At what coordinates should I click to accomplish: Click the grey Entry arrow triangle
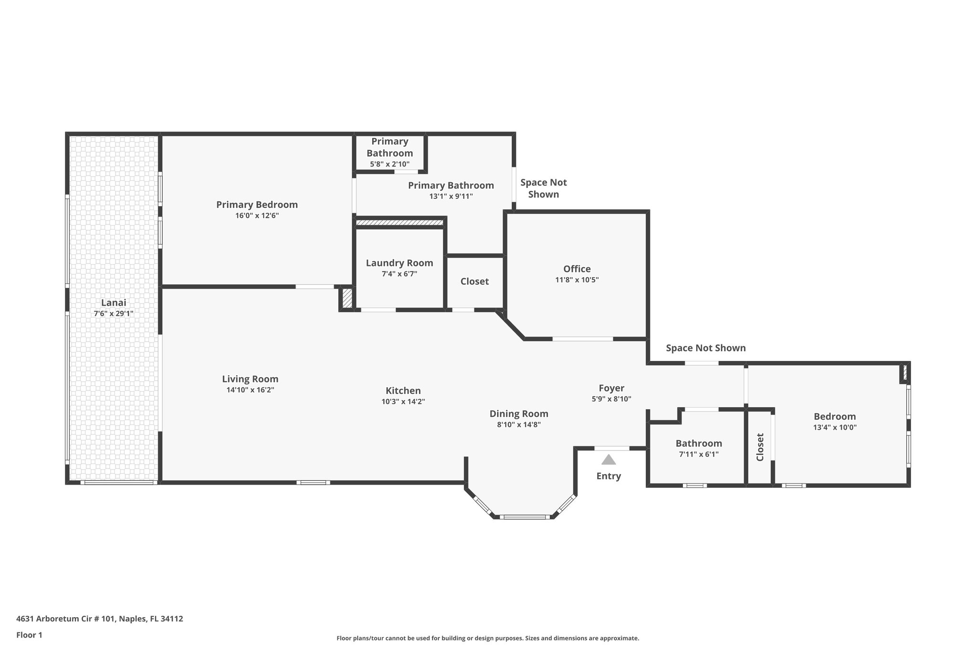tap(609, 460)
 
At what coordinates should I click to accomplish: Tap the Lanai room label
tap(113, 302)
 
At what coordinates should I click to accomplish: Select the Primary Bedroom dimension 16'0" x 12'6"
tap(257, 216)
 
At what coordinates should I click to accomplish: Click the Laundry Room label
tap(399, 263)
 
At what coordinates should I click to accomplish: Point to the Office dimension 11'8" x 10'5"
tap(577, 280)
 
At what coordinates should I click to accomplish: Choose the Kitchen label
tap(403, 391)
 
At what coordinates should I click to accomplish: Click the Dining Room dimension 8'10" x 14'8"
tap(518, 424)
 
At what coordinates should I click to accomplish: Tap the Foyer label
tap(611, 388)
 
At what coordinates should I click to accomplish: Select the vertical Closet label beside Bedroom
tap(760, 447)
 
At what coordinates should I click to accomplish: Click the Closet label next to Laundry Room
tap(474, 281)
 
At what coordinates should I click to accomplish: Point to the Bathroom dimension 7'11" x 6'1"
tap(699, 455)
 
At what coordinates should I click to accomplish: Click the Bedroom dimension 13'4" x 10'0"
tap(834, 427)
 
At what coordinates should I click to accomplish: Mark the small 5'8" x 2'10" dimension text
tap(389, 164)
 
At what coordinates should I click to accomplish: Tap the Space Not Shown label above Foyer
tap(705, 348)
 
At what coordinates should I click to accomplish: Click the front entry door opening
tap(611, 448)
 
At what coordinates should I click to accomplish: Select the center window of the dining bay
tap(525, 517)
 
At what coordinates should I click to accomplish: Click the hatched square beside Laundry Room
tap(347, 298)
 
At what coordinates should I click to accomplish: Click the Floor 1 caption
tap(29, 635)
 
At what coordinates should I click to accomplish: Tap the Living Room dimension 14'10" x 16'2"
tap(250, 390)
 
